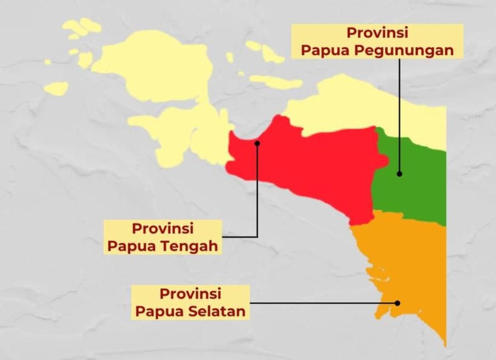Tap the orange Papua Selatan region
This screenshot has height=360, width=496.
pyautogui.click(x=412, y=262)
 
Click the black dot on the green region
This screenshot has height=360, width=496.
pyautogui.click(x=400, y=173)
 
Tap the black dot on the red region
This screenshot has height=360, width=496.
pyautogui.click(x=257, y=143)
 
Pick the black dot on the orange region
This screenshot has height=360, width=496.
pyautogui.click(x=397, y=303)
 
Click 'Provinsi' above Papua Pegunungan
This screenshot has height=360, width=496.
pyautogui.click(x=377, y=33)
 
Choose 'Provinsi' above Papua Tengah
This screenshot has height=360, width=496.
pyautogui.click(x=163, y=228)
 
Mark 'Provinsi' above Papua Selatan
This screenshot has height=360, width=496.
pyautogui.click(x=190, y=294)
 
